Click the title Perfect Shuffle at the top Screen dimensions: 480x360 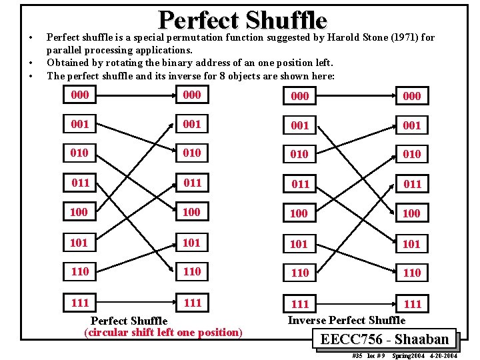[243, 20]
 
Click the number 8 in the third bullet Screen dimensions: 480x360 [221, 75]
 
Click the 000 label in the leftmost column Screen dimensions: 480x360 [79, 95]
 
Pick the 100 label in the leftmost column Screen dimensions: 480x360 [79, 213]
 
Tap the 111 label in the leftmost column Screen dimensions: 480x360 [79, 303]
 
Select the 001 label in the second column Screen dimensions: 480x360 [192, 125]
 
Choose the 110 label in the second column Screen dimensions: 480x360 [192, 271]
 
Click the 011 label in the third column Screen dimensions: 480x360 [300, 184]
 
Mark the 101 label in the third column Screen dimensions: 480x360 [299, 244]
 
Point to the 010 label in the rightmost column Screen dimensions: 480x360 [412, 155]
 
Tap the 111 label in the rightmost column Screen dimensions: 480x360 [413, 305]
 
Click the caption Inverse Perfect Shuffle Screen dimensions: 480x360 [346, 320]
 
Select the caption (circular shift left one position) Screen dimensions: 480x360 [163, 332]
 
